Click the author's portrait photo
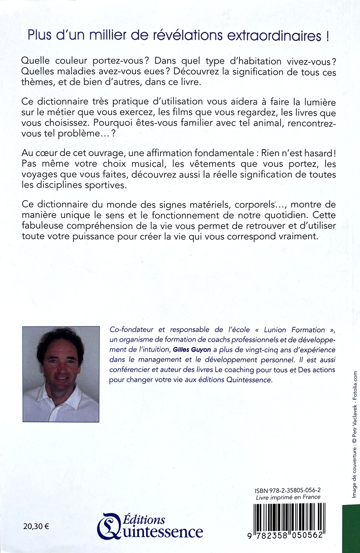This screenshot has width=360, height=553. click(61, 374)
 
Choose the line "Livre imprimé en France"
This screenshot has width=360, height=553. click(288, 497)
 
